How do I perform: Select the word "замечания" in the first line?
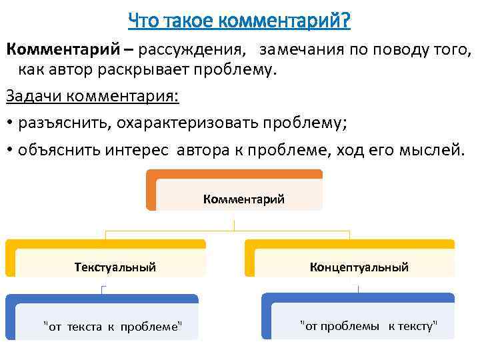click(x=299, y=49)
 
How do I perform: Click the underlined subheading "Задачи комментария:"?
click(x=93, y=96)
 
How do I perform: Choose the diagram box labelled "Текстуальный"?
click(x=115, y=267)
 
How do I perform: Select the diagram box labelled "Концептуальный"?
click(x=359, y=267)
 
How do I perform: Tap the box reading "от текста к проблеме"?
click(x=111, y=325)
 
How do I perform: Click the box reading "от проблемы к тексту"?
click(x=368, y=325)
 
